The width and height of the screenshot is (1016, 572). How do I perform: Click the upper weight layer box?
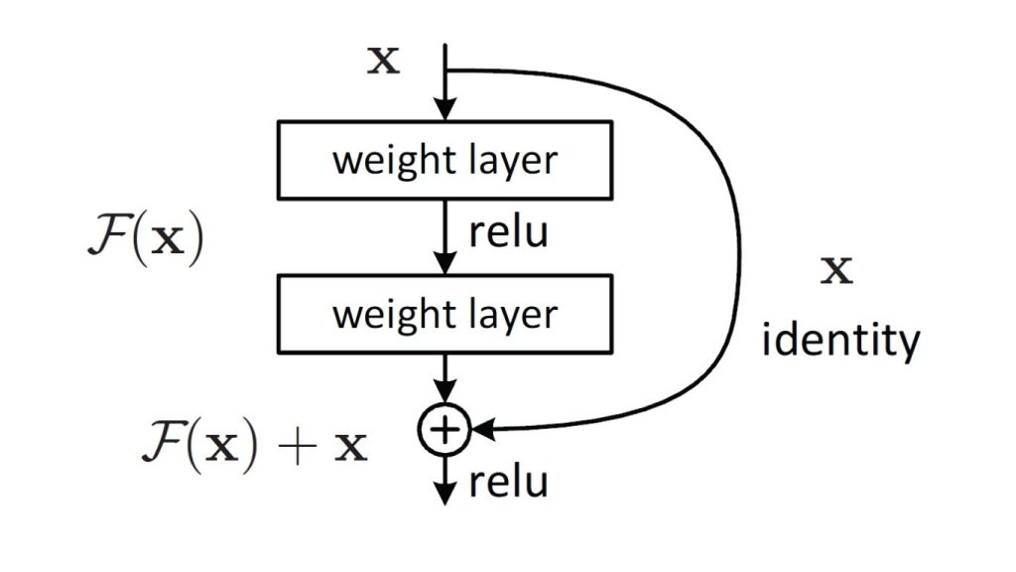[x=444, y=159]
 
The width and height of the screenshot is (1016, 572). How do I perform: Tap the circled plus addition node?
[x=445, y=429]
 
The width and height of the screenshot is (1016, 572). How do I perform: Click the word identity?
[x=839, y=341]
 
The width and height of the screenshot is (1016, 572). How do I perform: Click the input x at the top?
[x=383, y=62]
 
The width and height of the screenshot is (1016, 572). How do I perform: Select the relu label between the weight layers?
[x=507, y=236]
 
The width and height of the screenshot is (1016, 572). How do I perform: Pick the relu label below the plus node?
[x=507, y=483]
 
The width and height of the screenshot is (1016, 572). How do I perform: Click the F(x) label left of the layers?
[x=145, y=242]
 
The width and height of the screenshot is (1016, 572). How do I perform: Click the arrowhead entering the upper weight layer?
[x=445, y=110]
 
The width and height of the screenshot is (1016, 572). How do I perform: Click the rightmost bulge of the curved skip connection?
[x=740, y=268]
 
